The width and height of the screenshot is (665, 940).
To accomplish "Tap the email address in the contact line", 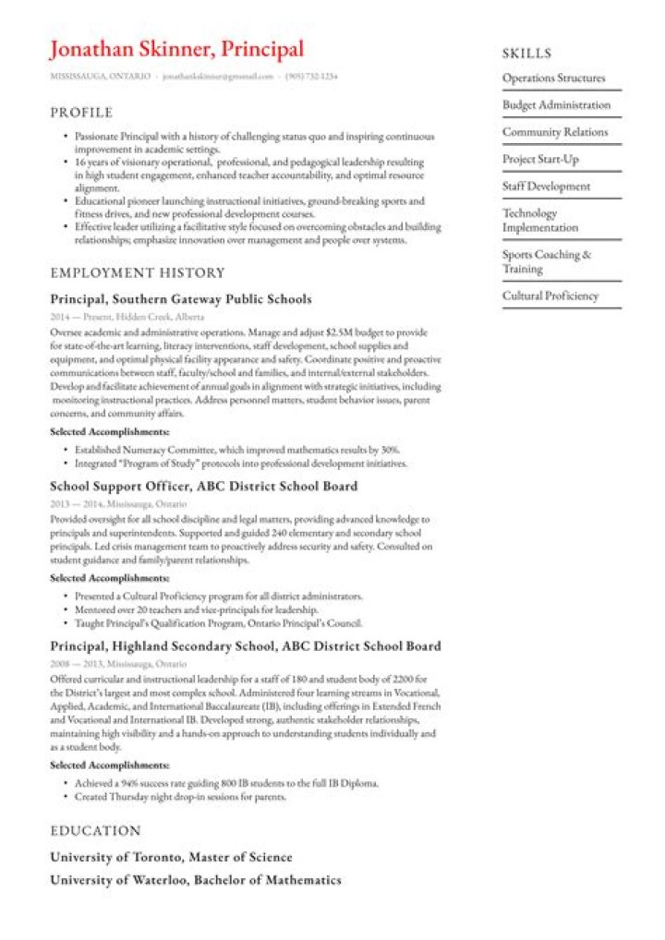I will pyautogui.click(x=218, y=76).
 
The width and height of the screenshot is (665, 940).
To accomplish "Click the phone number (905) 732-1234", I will pyautogui.click(x=311, y=76).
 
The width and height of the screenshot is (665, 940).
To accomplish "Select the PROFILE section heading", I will pyautogui.click(x=81, y=113).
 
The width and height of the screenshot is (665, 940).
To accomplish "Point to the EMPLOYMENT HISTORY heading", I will pyautogui.click(x=138, y=272).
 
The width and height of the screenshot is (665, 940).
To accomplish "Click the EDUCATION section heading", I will pyautogui.click(x=95, y=831).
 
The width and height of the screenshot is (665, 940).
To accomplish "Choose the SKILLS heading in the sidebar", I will pyautogui.click(x=526, y=54).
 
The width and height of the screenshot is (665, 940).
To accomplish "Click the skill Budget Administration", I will pyautogui.click(x=556, y=105).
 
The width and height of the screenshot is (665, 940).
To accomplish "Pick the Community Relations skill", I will pyautogui.click(x=555, y=132).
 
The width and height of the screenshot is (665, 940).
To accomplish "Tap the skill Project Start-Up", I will pyautogui.click(x=540, y=159).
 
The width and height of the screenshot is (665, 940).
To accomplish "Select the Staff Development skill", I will pyautogui.click(x=546, y=186).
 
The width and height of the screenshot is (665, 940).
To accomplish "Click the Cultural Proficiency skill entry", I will pyautogui.click(x=550, y=295).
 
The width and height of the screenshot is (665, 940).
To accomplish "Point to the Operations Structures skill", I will pyautogui.click(x=553, y=78).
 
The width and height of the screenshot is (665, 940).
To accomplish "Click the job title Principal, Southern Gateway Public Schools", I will pyautogui.click(x=180, y=299).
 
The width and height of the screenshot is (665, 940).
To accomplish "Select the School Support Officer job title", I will pyautogui.click(x=203, y=486).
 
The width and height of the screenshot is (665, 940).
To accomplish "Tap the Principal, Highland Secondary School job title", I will pyautogui.click(x=245, y=646).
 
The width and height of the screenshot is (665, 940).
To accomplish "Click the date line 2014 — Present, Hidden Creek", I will pyautogui.click(x=127, y=317).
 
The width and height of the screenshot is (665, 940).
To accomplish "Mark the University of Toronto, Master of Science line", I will pyautogui.click(x=171, y=857).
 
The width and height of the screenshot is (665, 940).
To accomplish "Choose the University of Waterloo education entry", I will pyautogui.click(x=195, y=880).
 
